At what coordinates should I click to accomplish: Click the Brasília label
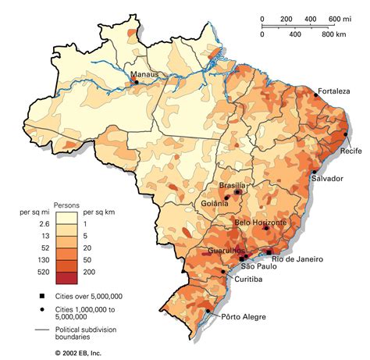(233, 185)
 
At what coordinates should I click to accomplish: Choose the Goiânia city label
(212, 204)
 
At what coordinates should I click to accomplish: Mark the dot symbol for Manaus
(137, 81)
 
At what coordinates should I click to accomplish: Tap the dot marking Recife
(345, 134)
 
